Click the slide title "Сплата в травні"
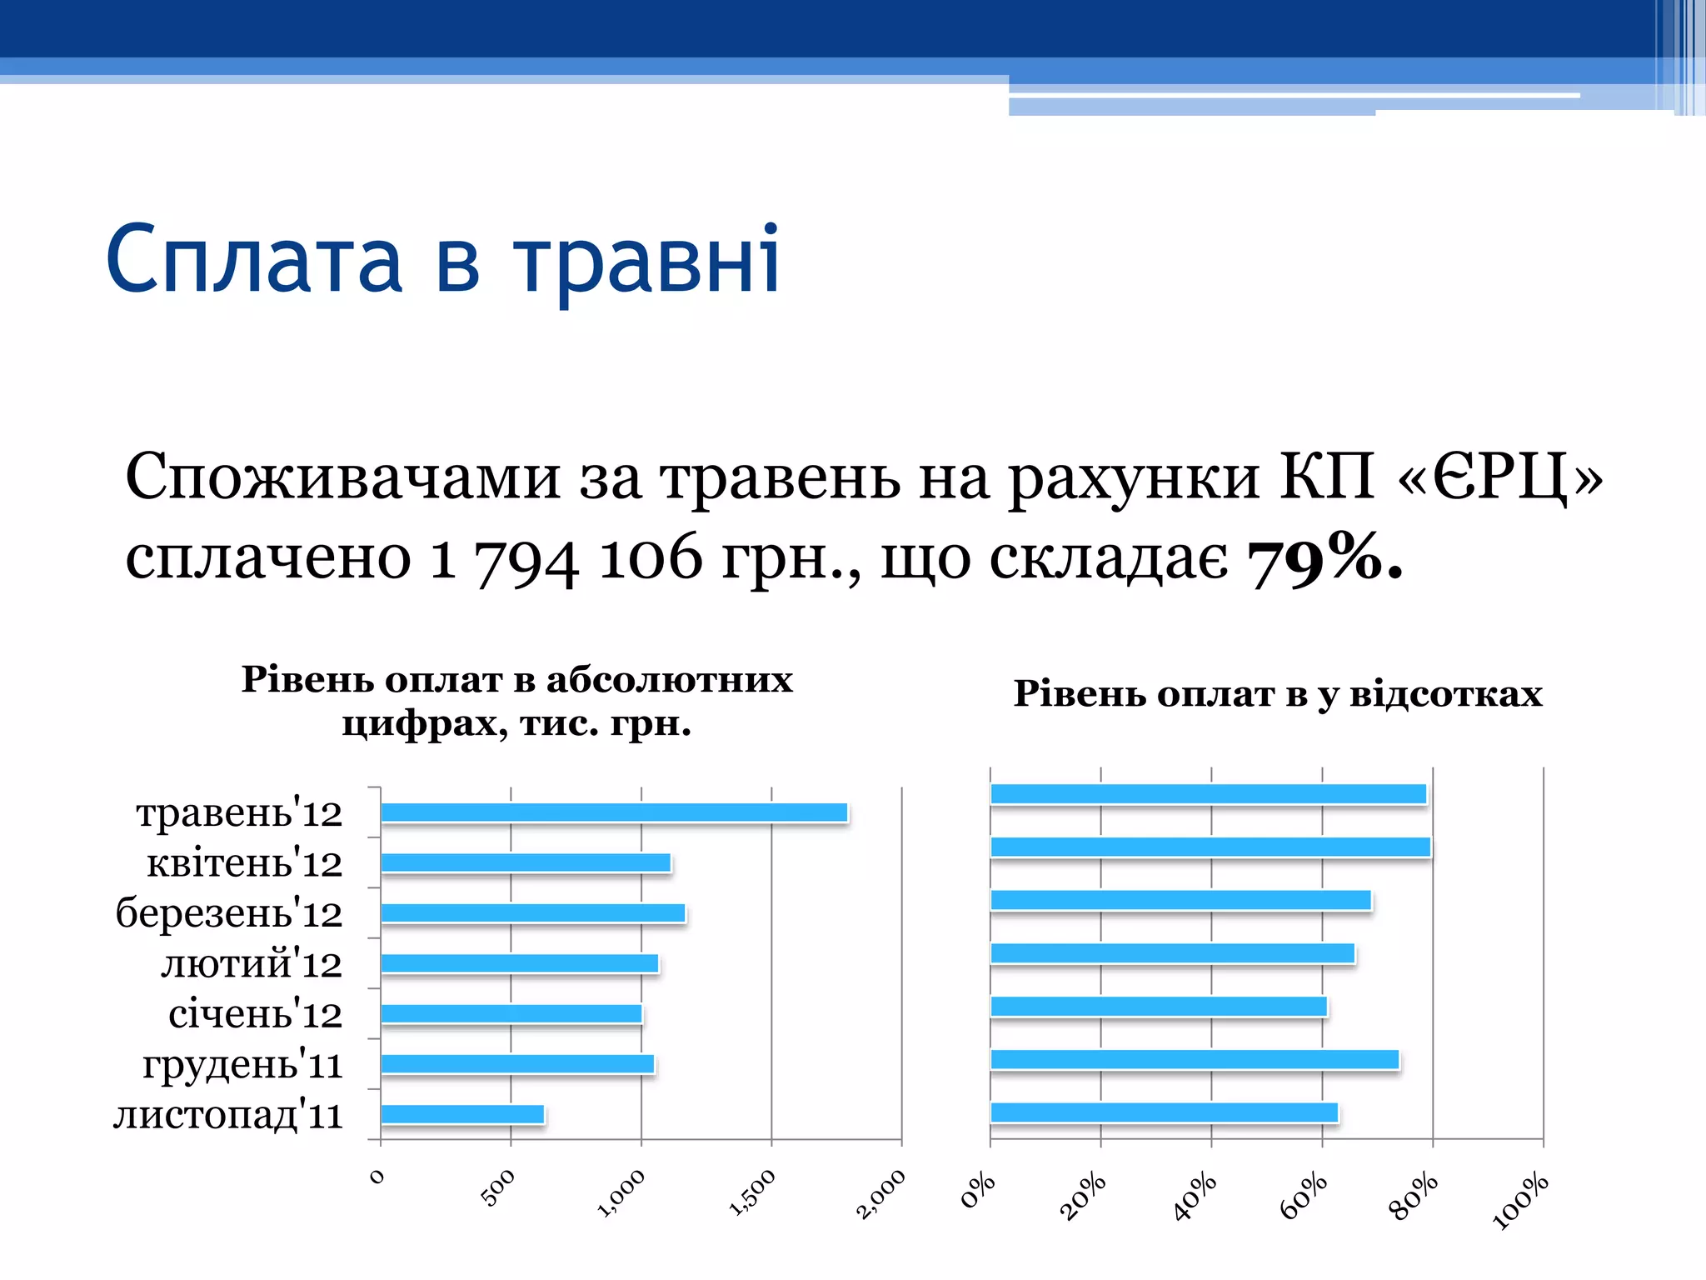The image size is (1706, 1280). tap(443, 260)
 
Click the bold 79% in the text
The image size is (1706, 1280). tap(1324, 558)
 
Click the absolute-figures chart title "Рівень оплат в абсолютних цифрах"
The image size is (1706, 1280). tap(516, 700)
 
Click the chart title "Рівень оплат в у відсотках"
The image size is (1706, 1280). tap(1277, 693)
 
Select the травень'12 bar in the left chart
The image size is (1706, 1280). tap(614, 812)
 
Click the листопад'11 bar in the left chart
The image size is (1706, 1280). tap(462, 1114)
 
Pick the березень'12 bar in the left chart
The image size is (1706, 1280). tap(533, 913)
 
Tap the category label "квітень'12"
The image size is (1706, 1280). tap(244, 863)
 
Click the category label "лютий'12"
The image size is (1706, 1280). tap(251, 964)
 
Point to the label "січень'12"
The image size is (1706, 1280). tap(255, 1014)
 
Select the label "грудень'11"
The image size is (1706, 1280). tap(242, 1065)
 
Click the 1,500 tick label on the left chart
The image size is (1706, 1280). tap(752, 1192)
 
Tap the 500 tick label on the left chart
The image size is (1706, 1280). tap(499, 1187)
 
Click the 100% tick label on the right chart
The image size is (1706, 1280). tap(1520, 1201)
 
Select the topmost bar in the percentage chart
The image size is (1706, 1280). tap(1208, 794)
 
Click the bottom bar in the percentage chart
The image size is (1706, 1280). tap(1164, 1112)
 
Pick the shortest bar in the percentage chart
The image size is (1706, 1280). tap(1158, 1007)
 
